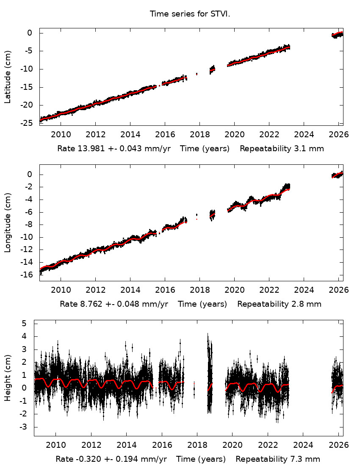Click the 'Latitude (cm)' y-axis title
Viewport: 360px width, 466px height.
pos(8,78)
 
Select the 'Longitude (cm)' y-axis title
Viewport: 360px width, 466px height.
pos(8,222)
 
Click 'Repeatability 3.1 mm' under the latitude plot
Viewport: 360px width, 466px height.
pos(282,149)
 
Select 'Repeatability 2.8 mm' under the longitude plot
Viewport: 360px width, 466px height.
pos(279,304)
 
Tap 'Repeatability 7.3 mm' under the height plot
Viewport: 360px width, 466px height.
pos(278,459)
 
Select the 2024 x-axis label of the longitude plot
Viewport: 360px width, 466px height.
pos(304,289)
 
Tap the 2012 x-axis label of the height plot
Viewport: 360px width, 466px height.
pos(91,444)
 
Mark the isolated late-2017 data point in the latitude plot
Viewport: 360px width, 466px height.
pos(197,74)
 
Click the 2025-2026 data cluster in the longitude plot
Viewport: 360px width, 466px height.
pos(337,175)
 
